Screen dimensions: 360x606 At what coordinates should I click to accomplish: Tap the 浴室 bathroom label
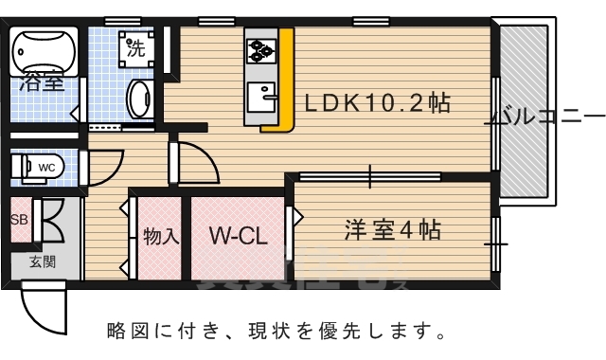click(42, 82)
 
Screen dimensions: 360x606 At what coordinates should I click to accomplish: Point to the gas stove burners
click(260, 48)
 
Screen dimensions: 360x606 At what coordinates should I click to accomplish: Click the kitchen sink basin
click(259, 96)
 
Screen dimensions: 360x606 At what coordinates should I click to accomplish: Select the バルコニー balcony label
click(545, 118)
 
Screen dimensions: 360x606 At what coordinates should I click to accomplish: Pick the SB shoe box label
click(19, 220)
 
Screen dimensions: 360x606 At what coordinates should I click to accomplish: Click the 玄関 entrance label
click(42, 261)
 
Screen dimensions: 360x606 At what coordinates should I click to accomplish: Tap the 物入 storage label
click(161, 235)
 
